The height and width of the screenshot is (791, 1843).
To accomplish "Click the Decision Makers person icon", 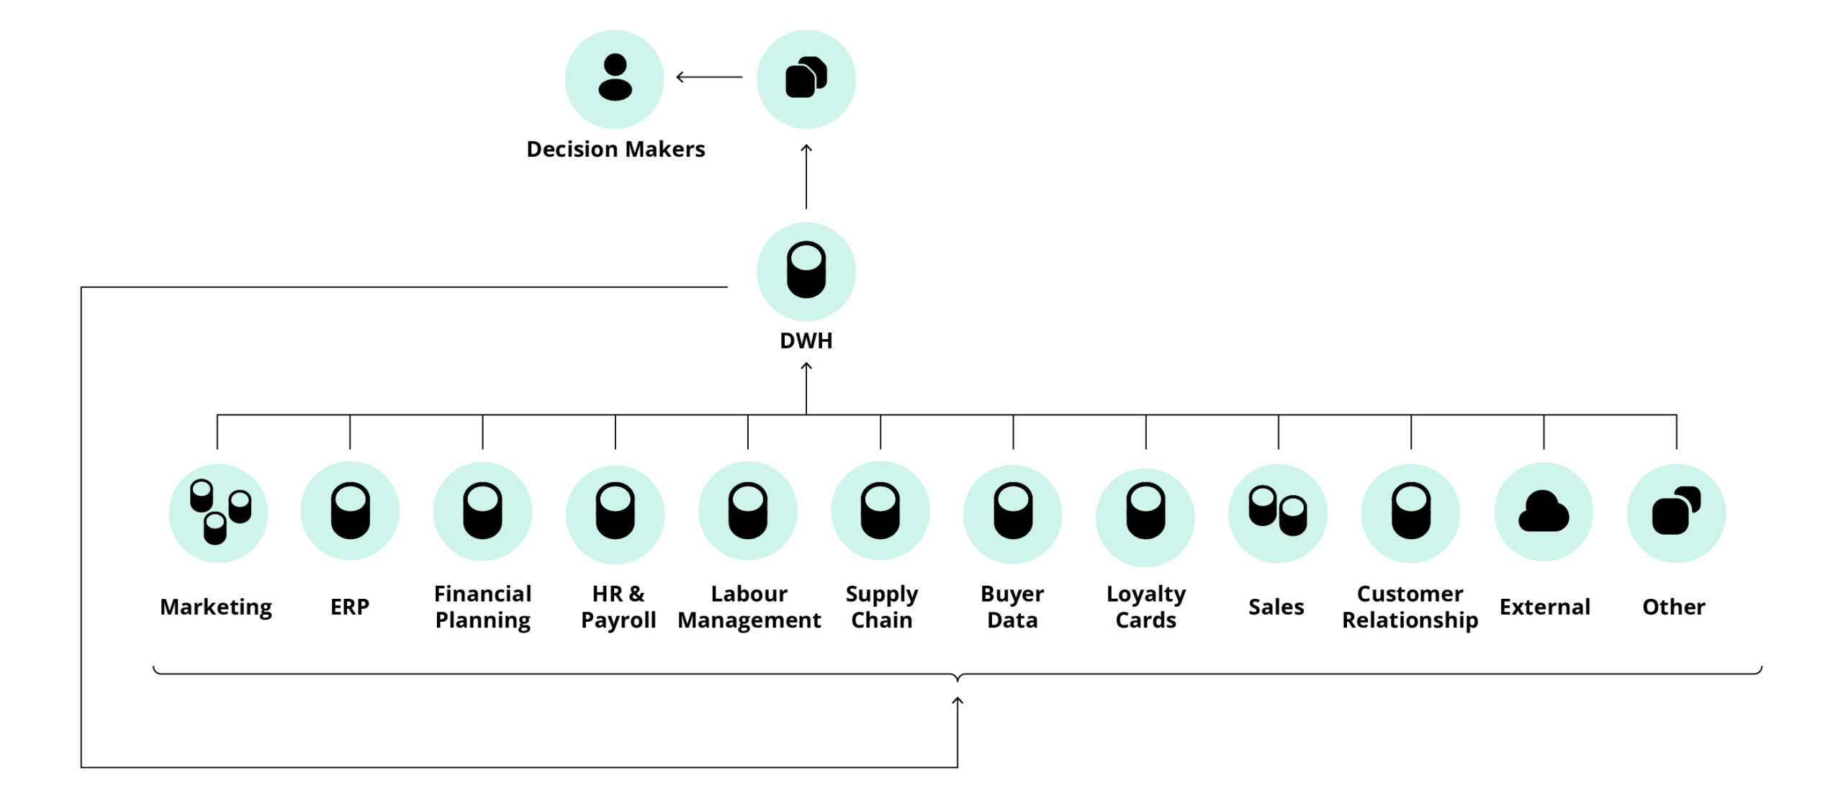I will [614, 78].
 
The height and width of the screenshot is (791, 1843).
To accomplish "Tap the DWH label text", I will [806, 340].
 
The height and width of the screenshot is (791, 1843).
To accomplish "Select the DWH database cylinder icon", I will [806, 271].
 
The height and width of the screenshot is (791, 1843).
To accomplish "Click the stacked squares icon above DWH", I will [806, 78].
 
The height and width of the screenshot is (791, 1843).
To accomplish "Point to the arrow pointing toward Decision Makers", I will [709, 76].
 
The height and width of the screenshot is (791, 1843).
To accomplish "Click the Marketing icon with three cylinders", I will [218, 512].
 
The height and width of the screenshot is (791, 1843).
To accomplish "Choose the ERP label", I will [350, 607].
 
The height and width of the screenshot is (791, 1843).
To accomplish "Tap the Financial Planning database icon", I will [482, 511].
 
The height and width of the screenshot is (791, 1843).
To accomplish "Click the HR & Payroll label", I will [618, 607].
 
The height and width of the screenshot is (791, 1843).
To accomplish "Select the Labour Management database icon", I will [747, 511].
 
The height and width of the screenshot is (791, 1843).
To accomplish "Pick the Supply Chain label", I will [881, 607].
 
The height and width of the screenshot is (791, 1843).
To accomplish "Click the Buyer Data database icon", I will [1012, 511].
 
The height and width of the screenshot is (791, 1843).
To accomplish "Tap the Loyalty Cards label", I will [1145, 607].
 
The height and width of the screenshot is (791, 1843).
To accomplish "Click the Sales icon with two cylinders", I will [1277, 511].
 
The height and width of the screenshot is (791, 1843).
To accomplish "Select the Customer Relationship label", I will [1410, 607].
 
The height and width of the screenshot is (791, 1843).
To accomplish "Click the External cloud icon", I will [1543, 512].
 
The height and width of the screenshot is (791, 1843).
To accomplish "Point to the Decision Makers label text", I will [616, 149].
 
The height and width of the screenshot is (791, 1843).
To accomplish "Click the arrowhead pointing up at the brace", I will [957, 701].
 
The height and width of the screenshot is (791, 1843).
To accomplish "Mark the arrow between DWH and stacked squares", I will [806, 177].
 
